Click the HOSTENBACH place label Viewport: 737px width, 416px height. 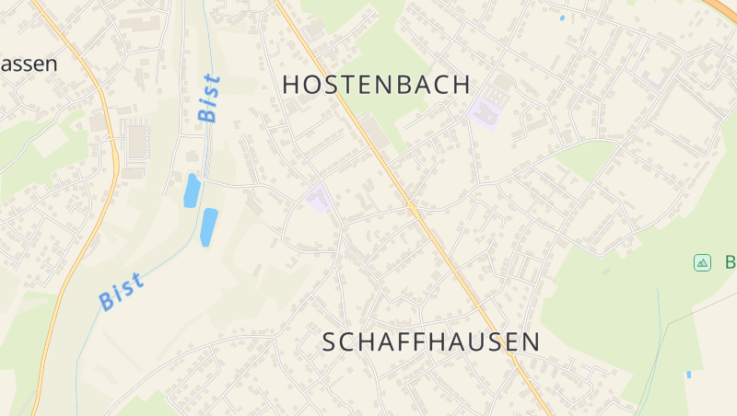point(376,85)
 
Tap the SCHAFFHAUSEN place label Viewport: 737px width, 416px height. point(431,341)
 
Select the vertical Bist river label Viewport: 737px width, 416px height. point(209,98)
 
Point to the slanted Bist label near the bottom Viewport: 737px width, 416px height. point(121,291)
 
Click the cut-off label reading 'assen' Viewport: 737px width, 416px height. point(28,64)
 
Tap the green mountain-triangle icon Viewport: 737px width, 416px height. point(703,263)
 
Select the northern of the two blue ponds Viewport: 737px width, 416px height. point(192,191)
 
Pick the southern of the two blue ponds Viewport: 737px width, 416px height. point(209,226)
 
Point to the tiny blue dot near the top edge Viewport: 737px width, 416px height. point(562,17)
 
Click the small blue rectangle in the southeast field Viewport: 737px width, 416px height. point(688,375)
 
